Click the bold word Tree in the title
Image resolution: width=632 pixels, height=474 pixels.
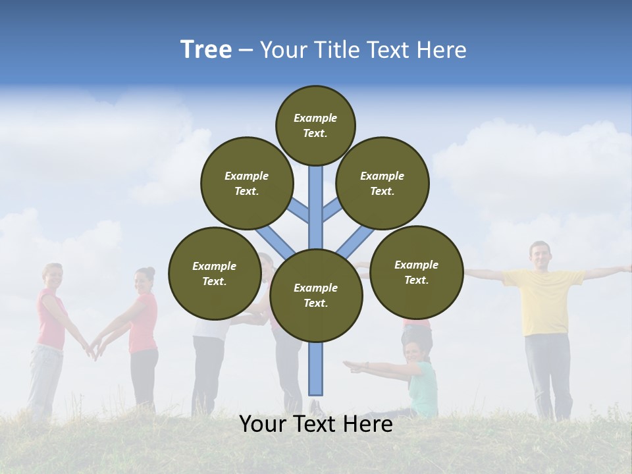click(206, 50)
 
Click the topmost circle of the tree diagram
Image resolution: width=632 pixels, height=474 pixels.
click(315, 125)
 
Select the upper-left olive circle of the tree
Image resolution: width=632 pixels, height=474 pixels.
click(247, 183)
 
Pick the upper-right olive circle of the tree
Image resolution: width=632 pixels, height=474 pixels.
click(382, 183)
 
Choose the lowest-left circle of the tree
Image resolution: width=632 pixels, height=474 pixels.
click(215, 273)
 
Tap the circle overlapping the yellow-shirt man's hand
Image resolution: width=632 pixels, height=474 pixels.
click(416, 272)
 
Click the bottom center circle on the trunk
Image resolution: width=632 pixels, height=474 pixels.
click(316, 295)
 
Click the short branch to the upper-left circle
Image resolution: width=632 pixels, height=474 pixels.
click(300, 211)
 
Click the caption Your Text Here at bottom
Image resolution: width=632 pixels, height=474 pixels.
click(316, 424)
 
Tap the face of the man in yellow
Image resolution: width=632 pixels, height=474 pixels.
click(540, 255)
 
